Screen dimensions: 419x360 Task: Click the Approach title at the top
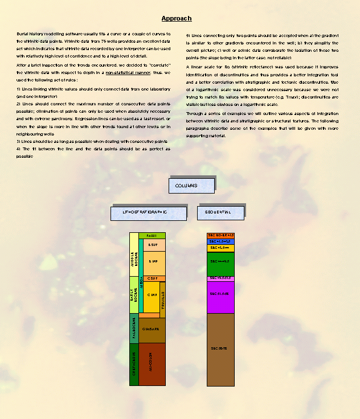point(176,19)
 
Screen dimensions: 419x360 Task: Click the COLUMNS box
point(191,186)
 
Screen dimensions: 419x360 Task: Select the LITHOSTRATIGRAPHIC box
point(148,212)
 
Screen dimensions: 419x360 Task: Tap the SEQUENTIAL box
point(220,212)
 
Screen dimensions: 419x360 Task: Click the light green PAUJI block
point(152,235)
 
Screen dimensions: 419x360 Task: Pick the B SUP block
point(153,245)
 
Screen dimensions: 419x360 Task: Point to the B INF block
point(153,261)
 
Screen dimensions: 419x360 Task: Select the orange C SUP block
point(152,278)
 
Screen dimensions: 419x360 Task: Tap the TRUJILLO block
point(162,299)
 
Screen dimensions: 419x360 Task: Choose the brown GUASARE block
point(152,329)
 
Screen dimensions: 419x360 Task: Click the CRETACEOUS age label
point(134,364)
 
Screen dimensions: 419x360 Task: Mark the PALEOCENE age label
point(134,328)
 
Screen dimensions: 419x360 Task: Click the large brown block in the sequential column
point(220,348)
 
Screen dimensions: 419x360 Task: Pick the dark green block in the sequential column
point(220,262)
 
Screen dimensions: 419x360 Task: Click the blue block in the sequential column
point(220,241)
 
